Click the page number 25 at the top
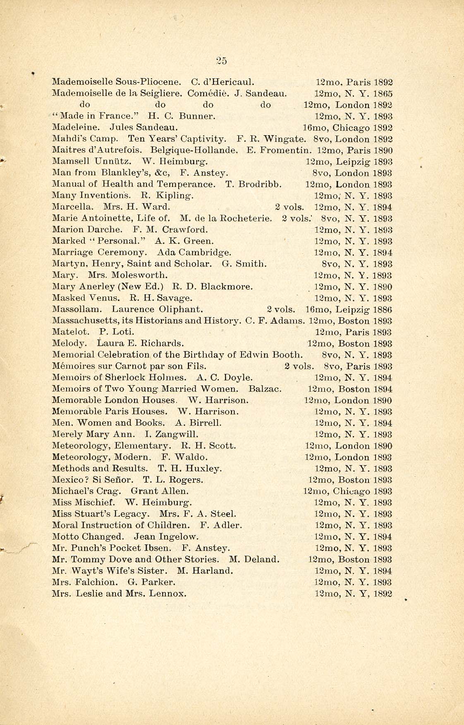[x=222, y=61]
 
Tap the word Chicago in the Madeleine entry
[x=352, y=128]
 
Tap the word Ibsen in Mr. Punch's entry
[x=159, y=548]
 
